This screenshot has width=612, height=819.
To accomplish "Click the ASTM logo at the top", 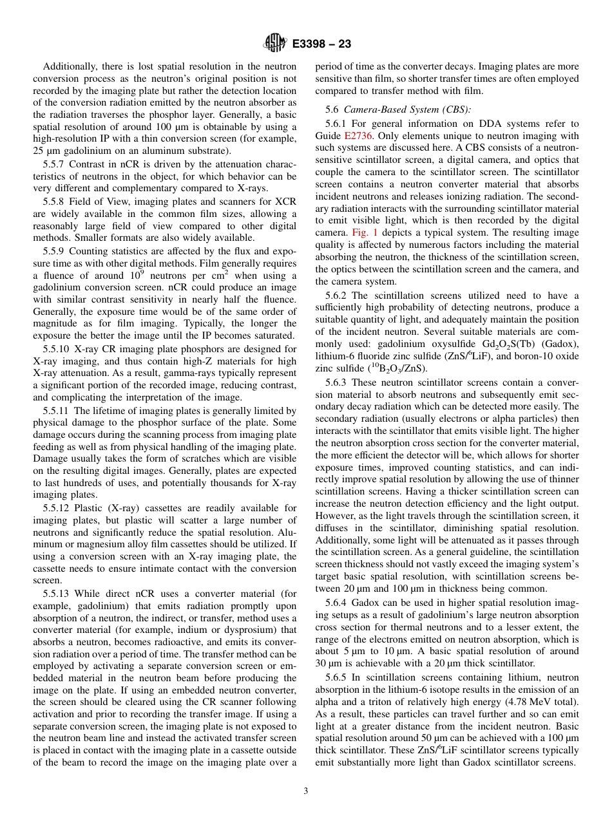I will tap(274, 44).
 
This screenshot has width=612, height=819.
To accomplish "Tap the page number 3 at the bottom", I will tap(305, 791).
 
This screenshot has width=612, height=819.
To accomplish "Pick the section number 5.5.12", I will tap(59, 509).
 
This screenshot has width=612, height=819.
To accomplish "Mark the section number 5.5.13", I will tap(59, 594).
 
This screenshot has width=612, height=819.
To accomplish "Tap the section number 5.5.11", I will tap(59, 411).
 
